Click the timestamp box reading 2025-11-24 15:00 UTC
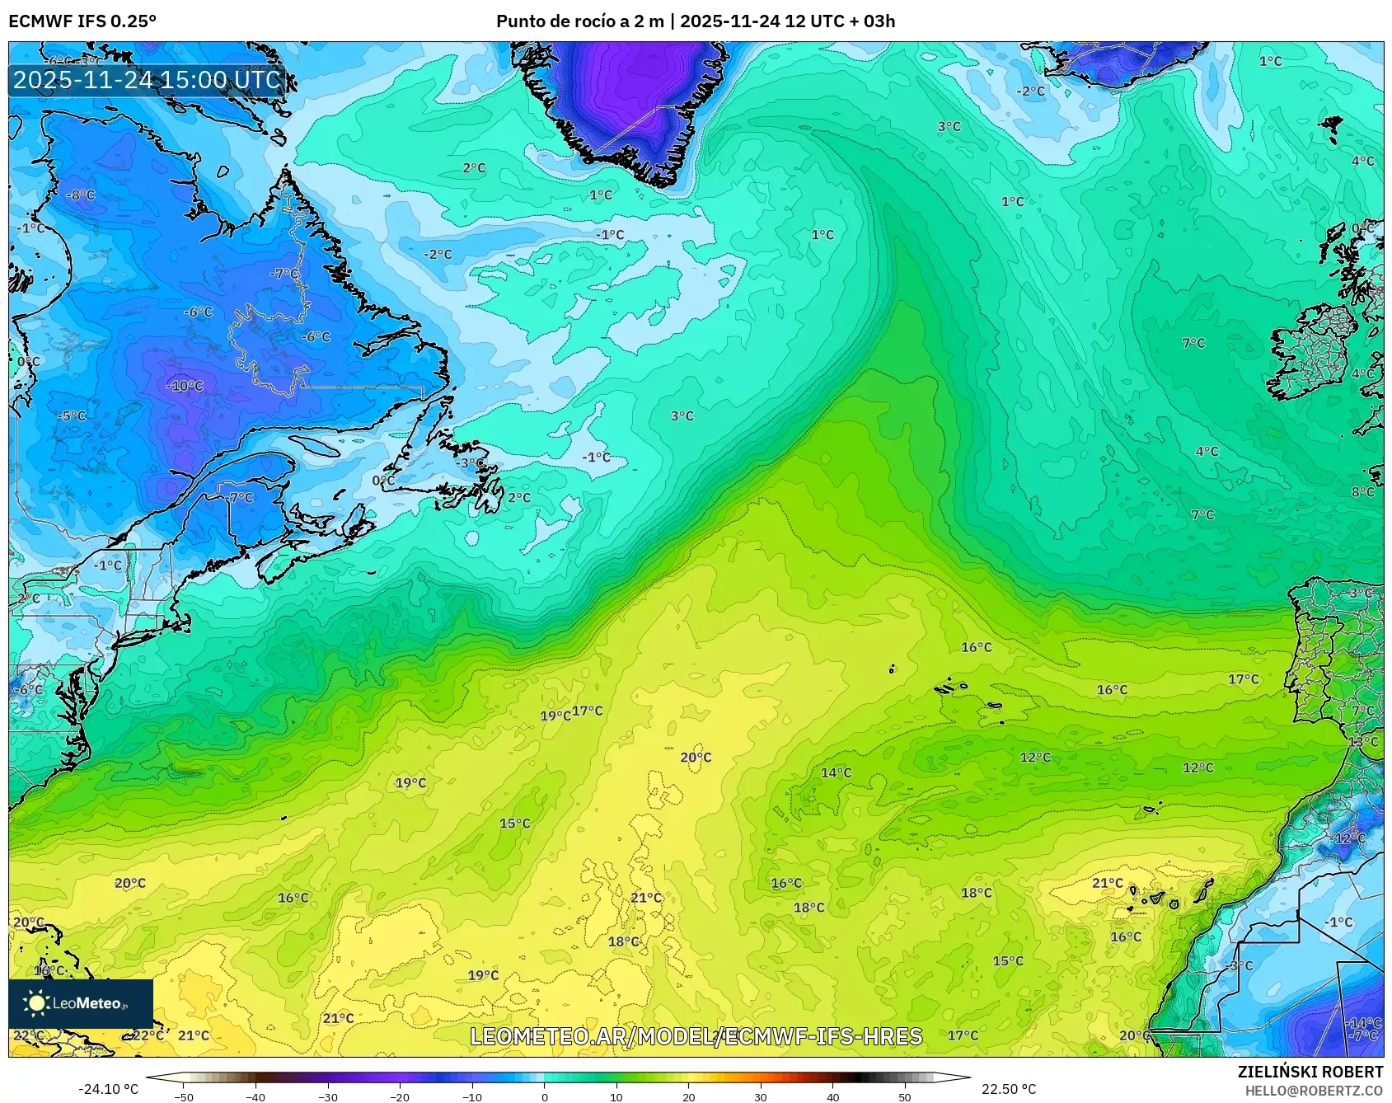click(147, 80)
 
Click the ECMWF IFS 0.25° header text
click(82, 21)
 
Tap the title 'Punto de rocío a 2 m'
click(579, 21)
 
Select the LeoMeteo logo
click(81, 1003)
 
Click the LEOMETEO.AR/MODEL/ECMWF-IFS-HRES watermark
click(696, 1036)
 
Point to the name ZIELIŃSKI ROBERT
click(1310, 1072)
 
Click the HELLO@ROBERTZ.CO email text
click(1314, 1091)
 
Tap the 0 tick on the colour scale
click(544, 1096)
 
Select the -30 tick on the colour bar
click(328, 1096)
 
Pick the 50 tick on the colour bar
click(905, 1096)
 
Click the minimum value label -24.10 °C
click(108, 1089)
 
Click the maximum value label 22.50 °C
click(1008, 1089)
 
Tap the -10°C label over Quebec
click(185, 386)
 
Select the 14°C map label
click(836, 772)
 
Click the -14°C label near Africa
click(1364, 1023)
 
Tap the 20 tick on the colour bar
click(688, 1096)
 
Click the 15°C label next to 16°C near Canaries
click(1007, 961)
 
